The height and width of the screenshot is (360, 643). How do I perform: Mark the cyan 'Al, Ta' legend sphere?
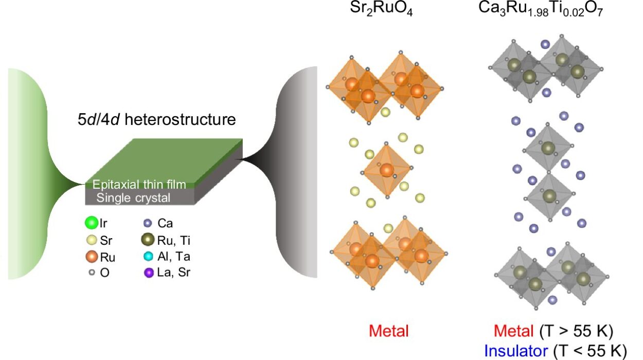tap(148, 257)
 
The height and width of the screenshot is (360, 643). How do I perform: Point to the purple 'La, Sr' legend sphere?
tap(148, 273)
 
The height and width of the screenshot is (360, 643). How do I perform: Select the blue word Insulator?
tap(516, 351)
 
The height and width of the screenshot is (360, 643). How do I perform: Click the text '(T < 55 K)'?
tap(589, 351)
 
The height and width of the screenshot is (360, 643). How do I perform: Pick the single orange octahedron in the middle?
tap(386, 170)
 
